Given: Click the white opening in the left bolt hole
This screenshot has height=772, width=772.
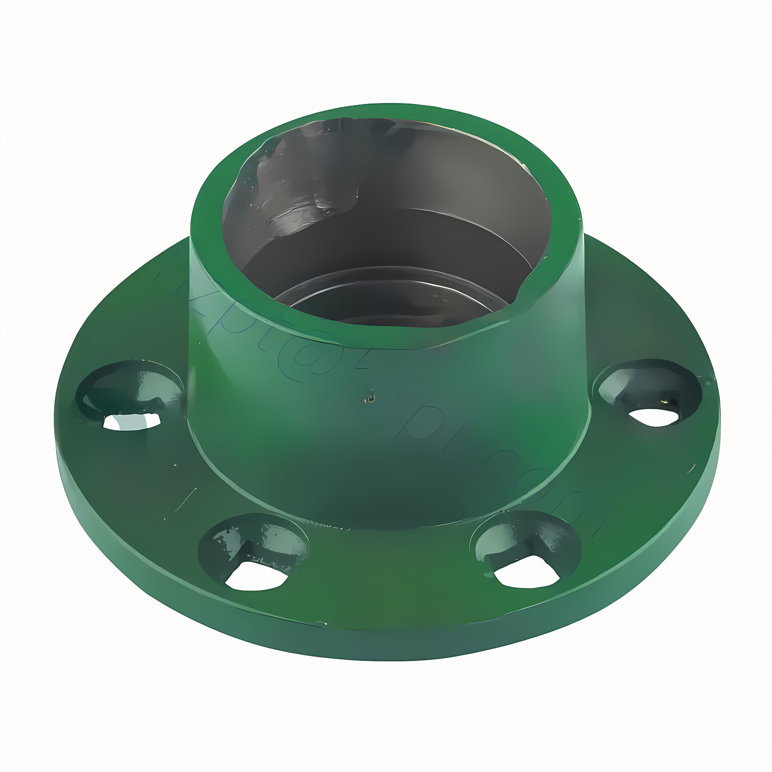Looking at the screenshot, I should click(x=132, y=421).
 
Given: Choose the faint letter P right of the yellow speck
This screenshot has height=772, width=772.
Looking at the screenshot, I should click(x=412, y=427).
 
